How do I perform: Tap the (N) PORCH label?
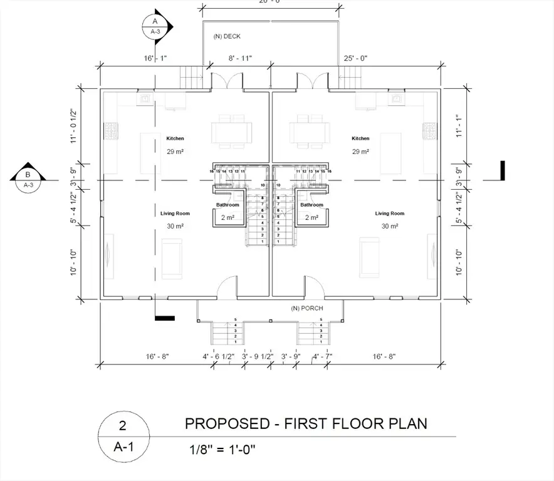tap(305, 308)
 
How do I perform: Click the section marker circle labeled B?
tap(28, 180)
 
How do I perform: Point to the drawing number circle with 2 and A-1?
tap(123, 436)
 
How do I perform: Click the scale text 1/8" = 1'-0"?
tap(222, 449)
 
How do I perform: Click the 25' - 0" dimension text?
tap(356, 58)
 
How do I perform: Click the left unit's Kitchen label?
tap(175, 138)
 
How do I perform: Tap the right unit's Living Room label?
tap(390, 214)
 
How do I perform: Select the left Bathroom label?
tap(227, 205)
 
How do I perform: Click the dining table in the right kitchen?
tap(310, 132)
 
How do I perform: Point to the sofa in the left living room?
tap(171, 259)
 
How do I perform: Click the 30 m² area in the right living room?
tap(390, 226)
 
